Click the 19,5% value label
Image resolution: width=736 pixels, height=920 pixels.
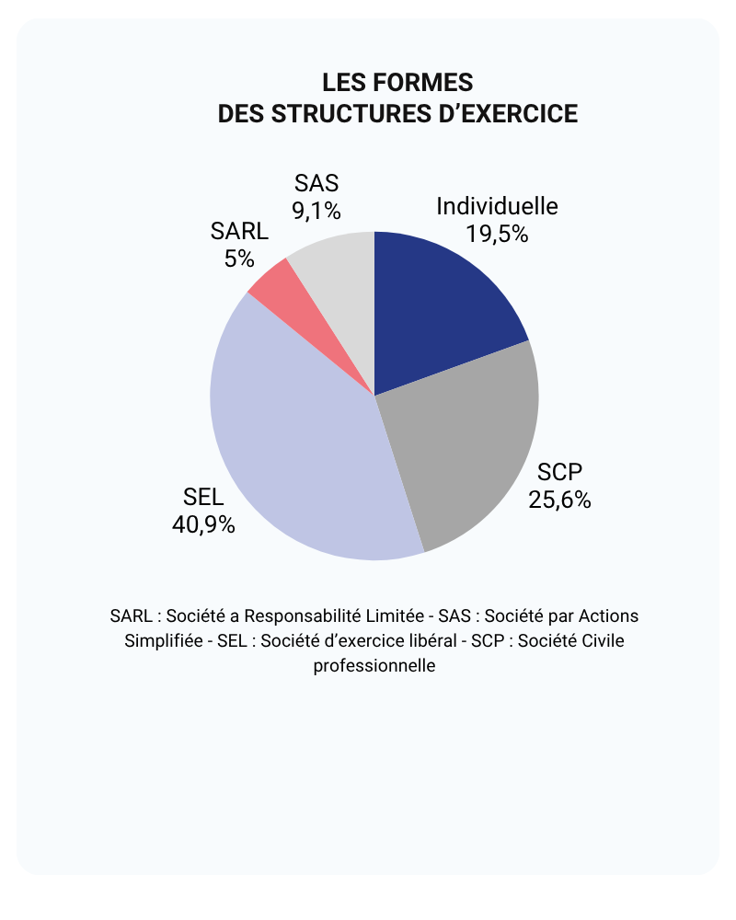point(497,234)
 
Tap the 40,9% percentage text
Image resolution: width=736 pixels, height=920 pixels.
point(203,524)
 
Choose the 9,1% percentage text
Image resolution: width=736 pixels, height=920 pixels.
point(316,211)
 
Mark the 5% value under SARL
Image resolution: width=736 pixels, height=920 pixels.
point(239,259)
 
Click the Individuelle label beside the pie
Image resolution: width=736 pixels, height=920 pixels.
point(497,206)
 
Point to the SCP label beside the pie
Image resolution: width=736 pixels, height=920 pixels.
point(560,473)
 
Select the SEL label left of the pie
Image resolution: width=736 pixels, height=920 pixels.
point(203,498)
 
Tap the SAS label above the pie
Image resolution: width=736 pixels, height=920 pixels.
point(316,183)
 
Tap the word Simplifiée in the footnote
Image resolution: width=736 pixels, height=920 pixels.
point(164,640)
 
